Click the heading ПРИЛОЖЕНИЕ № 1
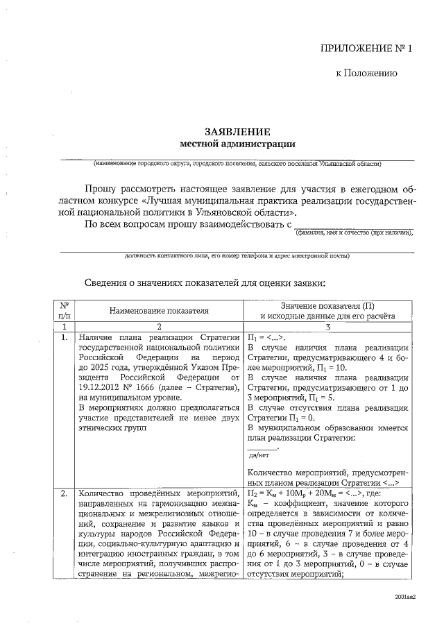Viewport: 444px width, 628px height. (x=366, y=49)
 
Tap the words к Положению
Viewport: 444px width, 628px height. (x=366, y=73)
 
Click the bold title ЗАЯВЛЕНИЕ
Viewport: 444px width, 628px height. (x=237, y=132)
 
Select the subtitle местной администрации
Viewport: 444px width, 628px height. (x=237, y=144)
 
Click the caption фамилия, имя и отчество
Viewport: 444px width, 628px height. (x=354, y=232)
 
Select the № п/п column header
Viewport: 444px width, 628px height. (x=64, y=310)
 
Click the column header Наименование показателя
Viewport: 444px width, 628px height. (x=158, y=312)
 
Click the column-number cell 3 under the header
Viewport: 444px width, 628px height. (x=327, y=326)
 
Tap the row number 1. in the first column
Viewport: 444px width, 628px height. (x=64, y=338)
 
